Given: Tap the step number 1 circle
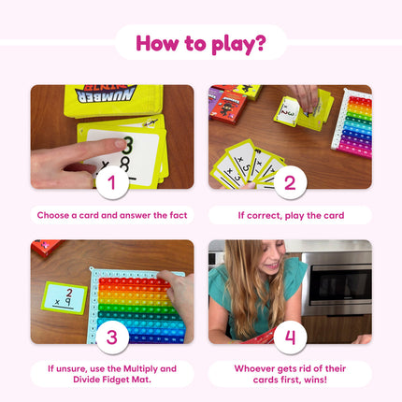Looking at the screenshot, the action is (112, 182).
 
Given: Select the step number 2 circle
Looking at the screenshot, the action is (290, 182).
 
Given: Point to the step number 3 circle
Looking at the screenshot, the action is (112, 337).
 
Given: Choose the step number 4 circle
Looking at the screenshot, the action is (290, 337).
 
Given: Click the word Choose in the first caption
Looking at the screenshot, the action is (52, 215).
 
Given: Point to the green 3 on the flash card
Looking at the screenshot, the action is (128, 145).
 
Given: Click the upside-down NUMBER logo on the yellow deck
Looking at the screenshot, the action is (106, 94).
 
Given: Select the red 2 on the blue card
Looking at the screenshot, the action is (69, 293).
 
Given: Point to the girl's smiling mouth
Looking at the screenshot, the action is (274, 266).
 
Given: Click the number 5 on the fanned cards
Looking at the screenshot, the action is (246, 167).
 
